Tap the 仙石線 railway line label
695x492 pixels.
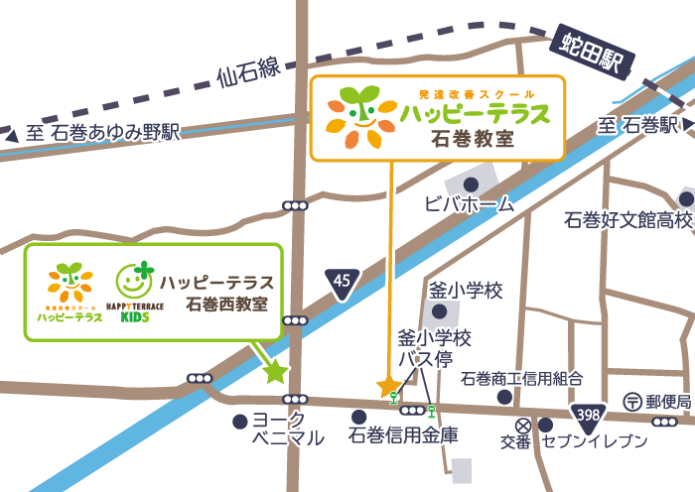click(250, 72)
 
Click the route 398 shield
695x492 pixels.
click(587, 413)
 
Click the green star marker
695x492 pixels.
click(274, 372)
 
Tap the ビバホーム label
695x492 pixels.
click(470, 205)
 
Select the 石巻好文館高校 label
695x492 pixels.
click(626, 219)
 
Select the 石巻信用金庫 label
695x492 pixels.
click(404, 435)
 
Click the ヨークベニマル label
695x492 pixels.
click(287, 429)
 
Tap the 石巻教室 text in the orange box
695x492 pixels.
click(474, 138)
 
